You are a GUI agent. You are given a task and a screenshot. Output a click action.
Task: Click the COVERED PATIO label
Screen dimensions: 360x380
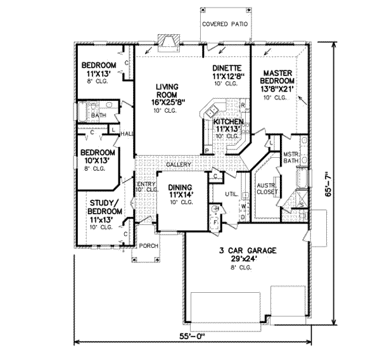click(x=225, y=25)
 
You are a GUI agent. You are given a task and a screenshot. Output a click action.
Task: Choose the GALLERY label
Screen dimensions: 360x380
click(x=179, y=165)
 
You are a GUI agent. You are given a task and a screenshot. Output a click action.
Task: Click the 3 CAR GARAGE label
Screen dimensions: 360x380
click(x=248, y=251)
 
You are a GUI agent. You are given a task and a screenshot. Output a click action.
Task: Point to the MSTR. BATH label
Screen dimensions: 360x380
click(x=291, y=158)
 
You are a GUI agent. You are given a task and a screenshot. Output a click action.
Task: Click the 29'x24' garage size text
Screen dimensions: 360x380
click(x=248, y=260)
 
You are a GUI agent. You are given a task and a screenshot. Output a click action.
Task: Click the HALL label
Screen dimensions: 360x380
click(x=127, y=134)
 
